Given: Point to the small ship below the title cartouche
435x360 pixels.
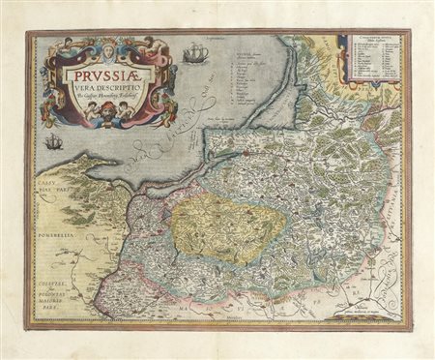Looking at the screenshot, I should point(54,142).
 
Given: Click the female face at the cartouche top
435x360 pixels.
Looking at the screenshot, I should point(110,44).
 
